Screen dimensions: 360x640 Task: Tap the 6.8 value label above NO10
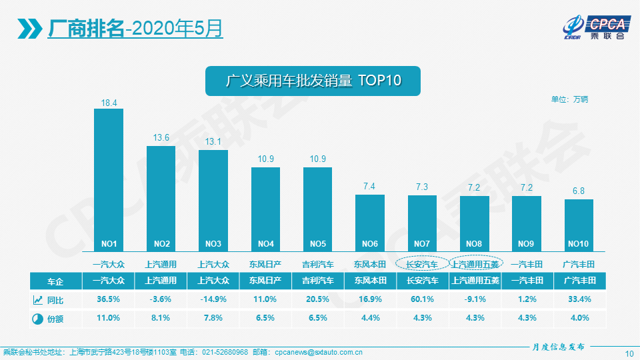point(578,191)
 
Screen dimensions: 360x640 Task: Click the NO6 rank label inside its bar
point(369,243)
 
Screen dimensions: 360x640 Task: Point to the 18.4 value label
point(109,103)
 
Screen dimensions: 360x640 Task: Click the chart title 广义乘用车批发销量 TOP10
point(313,81)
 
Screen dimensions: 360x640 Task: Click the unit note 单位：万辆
point(569,99)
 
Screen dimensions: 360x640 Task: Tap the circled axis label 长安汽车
point(422,264)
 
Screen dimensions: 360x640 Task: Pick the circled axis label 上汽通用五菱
point(475,264)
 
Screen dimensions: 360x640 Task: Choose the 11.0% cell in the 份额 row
point(109,318)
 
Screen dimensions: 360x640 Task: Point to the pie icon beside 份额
point(37,319)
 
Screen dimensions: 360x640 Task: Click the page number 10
point(629,353)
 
